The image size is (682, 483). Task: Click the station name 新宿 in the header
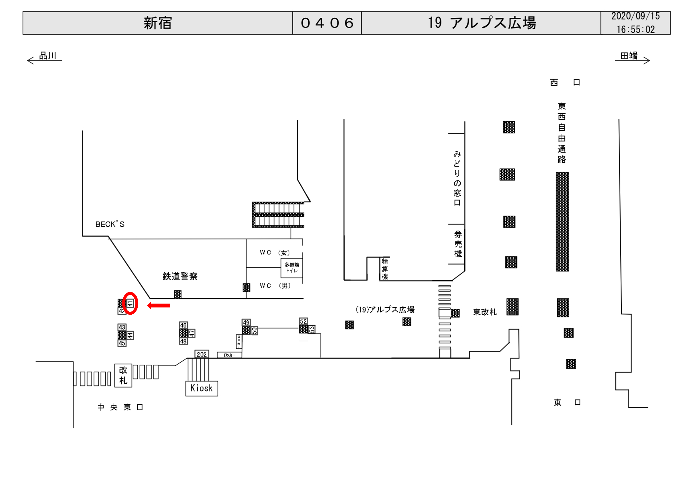point(158,23)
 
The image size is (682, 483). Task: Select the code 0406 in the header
point(327,23)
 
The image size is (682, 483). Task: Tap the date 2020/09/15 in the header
point(635,16)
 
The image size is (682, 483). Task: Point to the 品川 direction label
point(47,56)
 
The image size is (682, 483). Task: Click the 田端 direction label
point(629,56)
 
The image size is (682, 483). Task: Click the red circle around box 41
point(130,303)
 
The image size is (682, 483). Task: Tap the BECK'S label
point(110,224)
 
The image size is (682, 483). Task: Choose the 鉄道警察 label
point(180,276)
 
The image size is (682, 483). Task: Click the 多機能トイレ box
point(292,268)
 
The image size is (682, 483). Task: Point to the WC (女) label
point(275,252)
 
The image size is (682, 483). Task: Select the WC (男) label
point(275,286)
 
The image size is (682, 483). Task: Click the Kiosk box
point(202,388)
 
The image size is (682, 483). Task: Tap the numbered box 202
point(202,354)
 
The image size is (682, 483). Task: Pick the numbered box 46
point(183,325)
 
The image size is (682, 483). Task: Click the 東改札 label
point(485,312)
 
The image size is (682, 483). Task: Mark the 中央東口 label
point(120,407)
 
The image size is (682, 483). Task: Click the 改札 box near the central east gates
point(123,375)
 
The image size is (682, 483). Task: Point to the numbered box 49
point(246,323)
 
